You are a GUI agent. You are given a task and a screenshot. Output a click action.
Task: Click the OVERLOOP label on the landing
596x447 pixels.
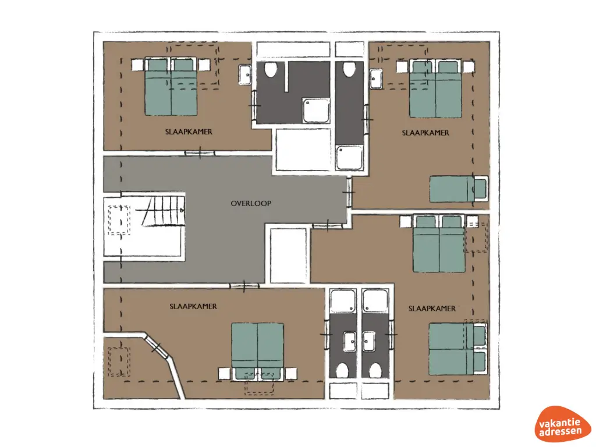(x=251, y=203)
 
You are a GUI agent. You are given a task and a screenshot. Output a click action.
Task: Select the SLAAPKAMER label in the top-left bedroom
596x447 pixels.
(x=189, y=132)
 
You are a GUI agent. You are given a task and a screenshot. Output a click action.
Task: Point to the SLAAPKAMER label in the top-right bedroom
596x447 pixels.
(x=425, y=133)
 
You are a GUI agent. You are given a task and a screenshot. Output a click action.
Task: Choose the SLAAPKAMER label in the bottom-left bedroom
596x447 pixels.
(x=193, y=306)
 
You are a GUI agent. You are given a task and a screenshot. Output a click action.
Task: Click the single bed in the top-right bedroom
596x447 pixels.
(x=459, y=189)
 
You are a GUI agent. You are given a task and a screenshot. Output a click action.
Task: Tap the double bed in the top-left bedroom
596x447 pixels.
(x=171, y=87)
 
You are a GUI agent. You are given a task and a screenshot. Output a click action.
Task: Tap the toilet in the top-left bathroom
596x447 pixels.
(x=270, y=71)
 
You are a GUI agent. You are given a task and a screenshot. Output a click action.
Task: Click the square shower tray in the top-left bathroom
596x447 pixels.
(x=314, y=110)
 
